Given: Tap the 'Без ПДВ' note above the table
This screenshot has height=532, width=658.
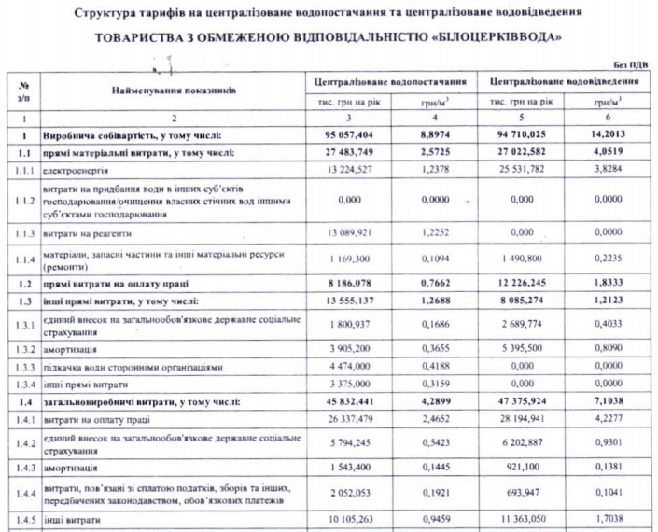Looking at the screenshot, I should (x=630, y=64).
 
